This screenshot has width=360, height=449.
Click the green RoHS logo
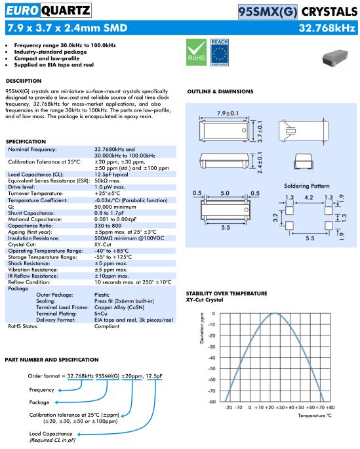[196, 52]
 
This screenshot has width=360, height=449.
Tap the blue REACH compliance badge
[219, 52]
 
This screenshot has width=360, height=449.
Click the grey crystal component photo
[335, 57]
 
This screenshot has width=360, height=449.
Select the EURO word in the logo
[22, 11]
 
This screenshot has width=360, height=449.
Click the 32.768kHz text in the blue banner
[327, 28]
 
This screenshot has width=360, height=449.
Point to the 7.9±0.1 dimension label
[228, 113]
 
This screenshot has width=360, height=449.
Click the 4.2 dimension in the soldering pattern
[309, 198]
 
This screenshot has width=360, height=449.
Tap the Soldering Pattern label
[306, 186]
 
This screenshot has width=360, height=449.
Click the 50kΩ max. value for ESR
[108, 181]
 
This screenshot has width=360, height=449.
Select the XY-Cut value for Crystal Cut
[103, 245]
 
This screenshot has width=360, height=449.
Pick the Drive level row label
[22, 187]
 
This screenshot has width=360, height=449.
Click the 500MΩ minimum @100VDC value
[129, 238]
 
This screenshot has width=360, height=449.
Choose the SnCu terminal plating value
[101, 314]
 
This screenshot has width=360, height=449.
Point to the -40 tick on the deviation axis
[212, 358]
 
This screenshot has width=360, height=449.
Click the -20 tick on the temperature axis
[228, 407]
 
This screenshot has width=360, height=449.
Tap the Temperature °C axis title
[315, 416]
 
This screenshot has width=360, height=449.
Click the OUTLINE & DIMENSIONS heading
[220, 92]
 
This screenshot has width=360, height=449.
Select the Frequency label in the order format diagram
[41, 390]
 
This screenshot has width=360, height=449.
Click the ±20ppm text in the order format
[132, 376]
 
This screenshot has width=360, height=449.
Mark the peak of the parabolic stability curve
[275, 313]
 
